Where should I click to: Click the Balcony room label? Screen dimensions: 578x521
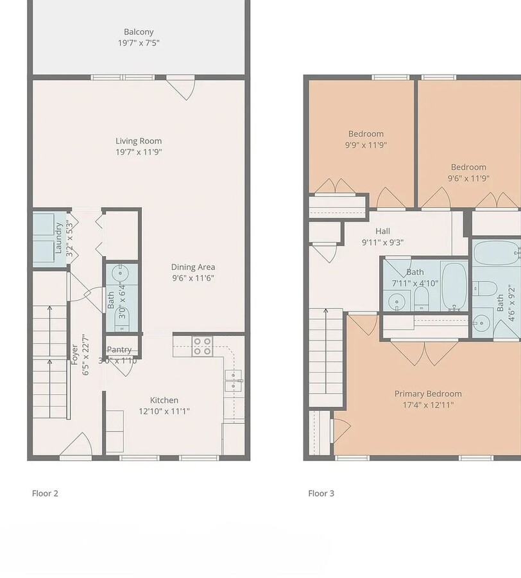coord(139,31)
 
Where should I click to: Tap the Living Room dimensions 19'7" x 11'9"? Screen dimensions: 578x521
coord(139,152)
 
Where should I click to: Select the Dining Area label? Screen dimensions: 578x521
coord(192,267)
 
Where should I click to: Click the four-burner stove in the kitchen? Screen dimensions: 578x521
coord(202,346)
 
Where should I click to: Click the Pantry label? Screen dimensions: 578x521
coord(119,350)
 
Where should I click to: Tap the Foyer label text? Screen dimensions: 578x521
coord(74,363)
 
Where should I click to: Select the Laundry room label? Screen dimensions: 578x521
coord(58,238)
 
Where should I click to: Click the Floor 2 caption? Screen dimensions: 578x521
coord(45,493)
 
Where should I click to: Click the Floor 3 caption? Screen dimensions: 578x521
coord(321,493)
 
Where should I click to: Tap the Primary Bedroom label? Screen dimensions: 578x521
coord(428,394)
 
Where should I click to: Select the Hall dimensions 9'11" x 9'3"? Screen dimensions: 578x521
coord(382,243)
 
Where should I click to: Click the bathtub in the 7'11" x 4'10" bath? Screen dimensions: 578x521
coord(454,286)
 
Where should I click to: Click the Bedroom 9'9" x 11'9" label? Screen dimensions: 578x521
coord(366,134)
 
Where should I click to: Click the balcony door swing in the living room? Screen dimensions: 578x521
coord(182,88)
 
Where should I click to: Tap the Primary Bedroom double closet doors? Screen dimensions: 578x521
coord(425,351)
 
